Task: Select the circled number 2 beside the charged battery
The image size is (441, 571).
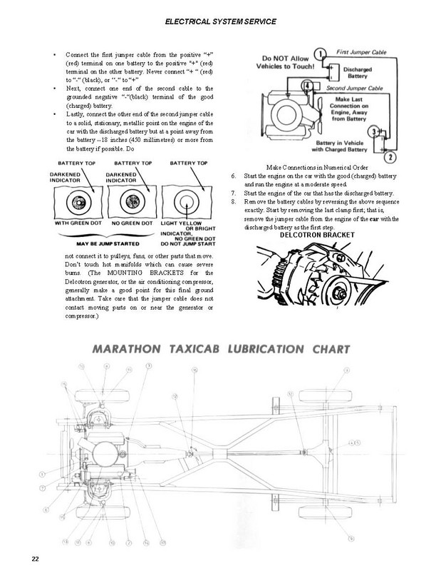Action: coord(390,156)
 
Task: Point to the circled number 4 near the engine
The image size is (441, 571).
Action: coord(306,86)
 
